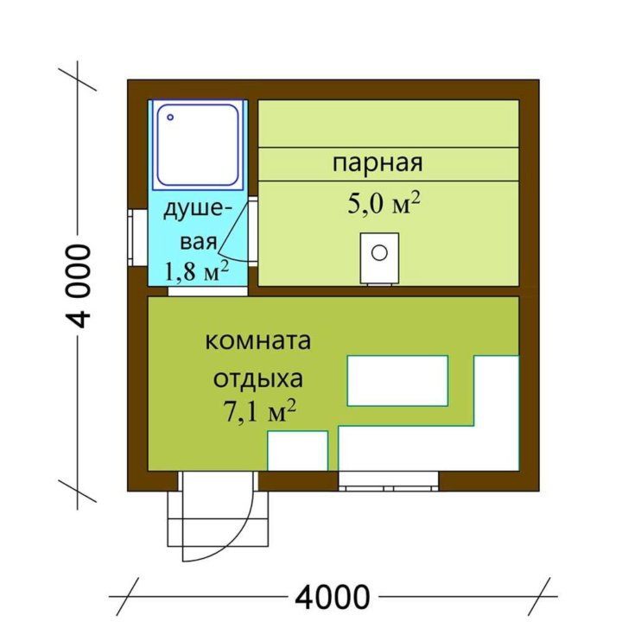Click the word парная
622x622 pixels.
(x=378, y=163)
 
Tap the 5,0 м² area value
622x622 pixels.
(x=384, y=203)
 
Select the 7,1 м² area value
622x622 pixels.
(x=259, y=411)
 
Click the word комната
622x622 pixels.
(x=257, y=341)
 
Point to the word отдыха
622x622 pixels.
(x=258, y=378)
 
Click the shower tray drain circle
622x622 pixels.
(x=170, y=117)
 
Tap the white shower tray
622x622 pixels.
(x=198, y=144)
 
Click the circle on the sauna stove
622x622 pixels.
(x=379, y=252)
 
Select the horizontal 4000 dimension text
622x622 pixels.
(x=333, y=596)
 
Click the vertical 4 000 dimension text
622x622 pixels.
(x=79, y=286)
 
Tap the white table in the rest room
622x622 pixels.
(x=397, y=381)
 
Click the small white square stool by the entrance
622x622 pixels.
(x=298, y=451)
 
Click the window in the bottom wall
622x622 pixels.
(x=389, y=481)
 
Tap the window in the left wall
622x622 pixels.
(x=137, y=238)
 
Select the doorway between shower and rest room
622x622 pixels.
(x=207, y=291)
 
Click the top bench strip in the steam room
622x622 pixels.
(x=389, y=124)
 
